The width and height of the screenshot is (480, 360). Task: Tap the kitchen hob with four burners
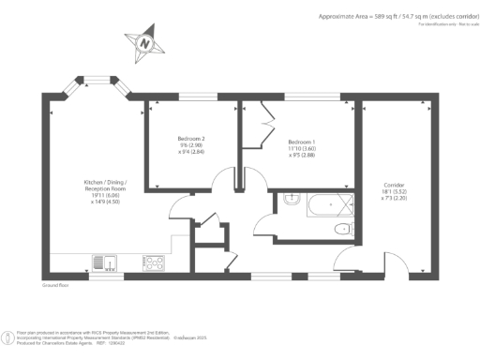pos(154,263)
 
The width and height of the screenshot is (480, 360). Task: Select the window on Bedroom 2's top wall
pos(194,96)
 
